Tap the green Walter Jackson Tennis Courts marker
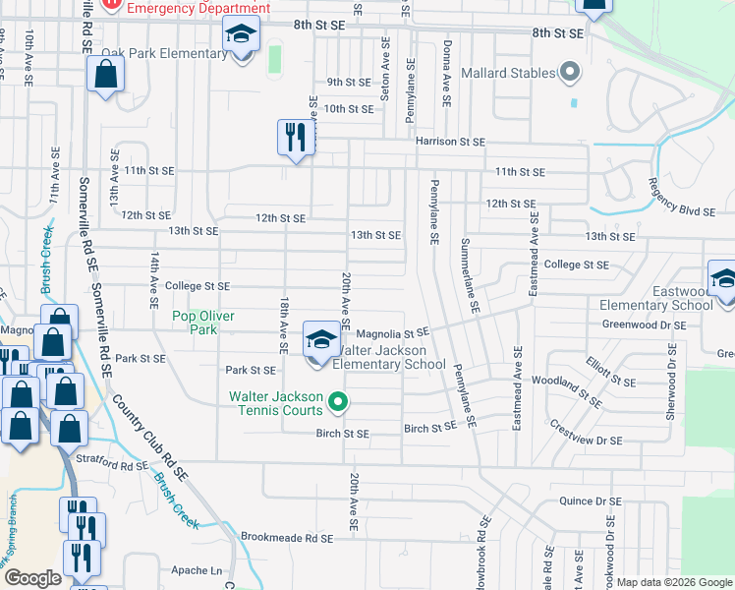338,401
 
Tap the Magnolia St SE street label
393,334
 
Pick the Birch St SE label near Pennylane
430,427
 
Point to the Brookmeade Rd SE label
287,538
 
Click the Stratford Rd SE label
112,461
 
